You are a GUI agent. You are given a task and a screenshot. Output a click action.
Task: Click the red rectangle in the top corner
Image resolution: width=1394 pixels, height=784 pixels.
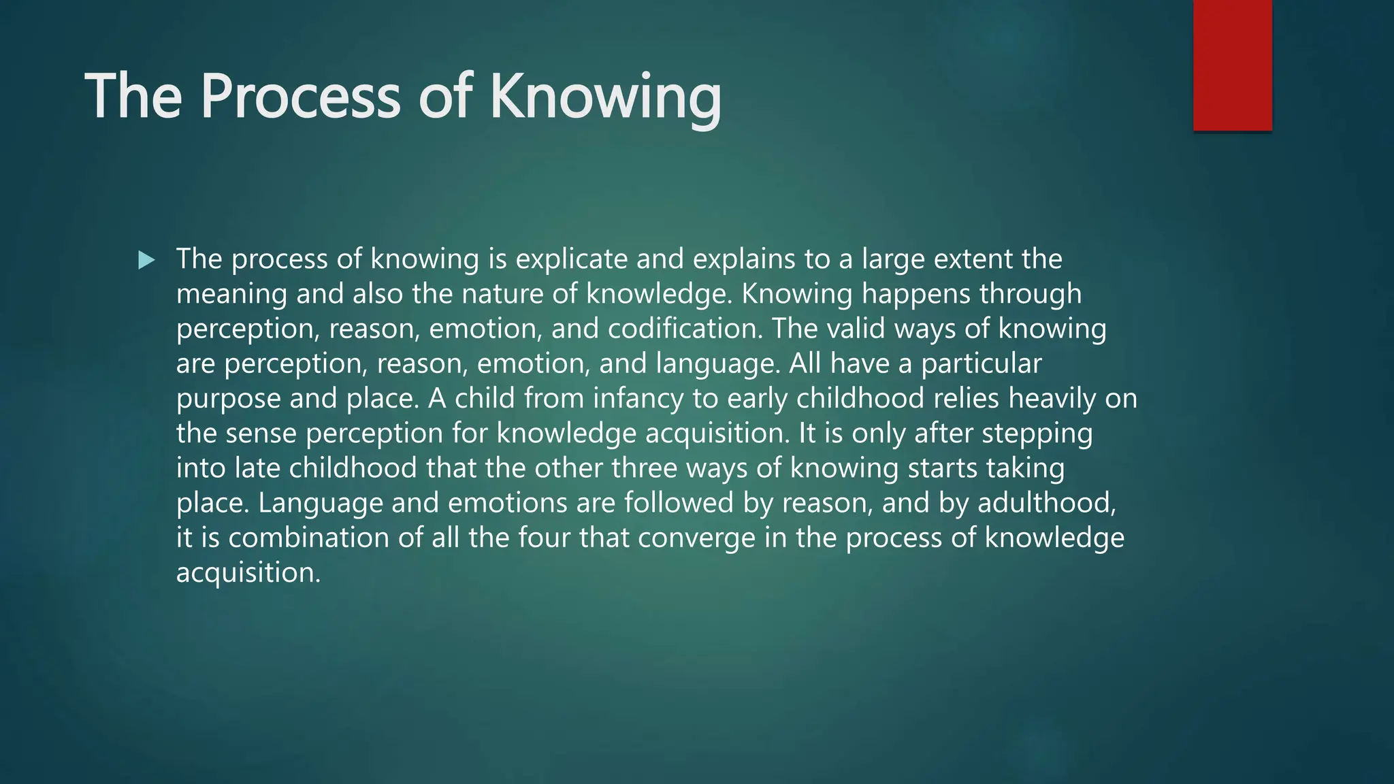point(1232,65)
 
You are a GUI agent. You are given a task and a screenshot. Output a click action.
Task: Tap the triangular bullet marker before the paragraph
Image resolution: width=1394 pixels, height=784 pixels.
point(146,260)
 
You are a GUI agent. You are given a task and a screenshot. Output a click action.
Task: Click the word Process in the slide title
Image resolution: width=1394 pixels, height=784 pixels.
point(300,97)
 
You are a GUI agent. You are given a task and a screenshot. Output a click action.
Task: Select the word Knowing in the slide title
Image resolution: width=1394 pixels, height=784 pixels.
point(605,97)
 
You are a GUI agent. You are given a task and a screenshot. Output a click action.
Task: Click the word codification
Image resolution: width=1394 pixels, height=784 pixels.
point(684,329)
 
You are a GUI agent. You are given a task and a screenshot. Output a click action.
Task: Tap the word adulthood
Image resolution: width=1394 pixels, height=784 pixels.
point(1046,503)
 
